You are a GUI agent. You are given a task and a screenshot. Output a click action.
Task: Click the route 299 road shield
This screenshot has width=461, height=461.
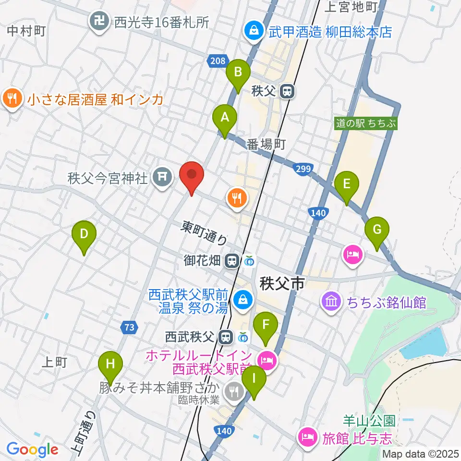pos(303,169)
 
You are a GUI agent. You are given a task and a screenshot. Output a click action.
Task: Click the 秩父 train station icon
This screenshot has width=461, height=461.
pos(287,91)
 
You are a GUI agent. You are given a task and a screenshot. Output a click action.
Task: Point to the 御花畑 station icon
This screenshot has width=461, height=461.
pos(232,261)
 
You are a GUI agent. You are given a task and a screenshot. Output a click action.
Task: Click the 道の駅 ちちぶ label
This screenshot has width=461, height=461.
pos(366,123)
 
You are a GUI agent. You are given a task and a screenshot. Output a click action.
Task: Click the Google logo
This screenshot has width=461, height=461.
pos(33,449)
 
